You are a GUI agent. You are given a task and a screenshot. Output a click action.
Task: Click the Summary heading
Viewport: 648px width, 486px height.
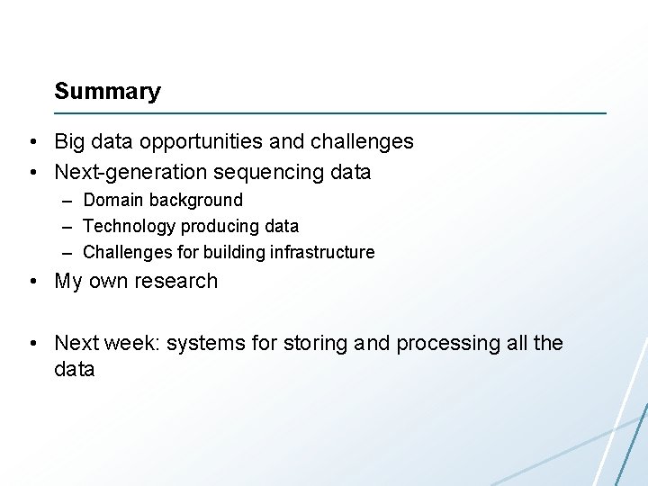click(x=107, y=92)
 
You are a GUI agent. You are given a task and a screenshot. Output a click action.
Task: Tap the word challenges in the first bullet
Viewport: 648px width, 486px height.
click(x=362, y=142)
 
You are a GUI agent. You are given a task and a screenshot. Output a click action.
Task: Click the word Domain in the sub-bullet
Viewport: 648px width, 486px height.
click(x=113, y=200)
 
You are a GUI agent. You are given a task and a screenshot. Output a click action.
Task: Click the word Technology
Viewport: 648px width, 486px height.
click(x=129, y=226)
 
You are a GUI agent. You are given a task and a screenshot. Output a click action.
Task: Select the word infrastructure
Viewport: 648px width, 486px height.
click(x=321, y=252)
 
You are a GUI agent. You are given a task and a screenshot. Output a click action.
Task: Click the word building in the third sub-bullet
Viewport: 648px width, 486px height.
click(x=236, y=252)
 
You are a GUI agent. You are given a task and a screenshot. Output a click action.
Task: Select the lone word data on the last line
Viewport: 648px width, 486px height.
click(x=75, y=369)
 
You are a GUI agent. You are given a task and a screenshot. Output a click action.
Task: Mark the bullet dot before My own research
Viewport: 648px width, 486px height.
click(x=32, y=282)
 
